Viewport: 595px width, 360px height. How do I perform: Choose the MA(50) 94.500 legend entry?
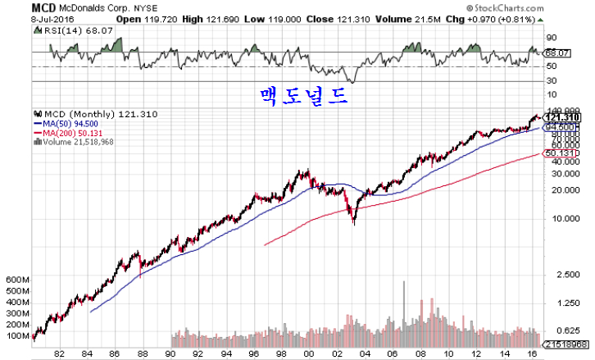coord(75,124)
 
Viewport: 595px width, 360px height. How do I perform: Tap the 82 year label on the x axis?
coord(58,353)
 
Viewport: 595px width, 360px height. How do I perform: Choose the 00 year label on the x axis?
coord(308,353)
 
